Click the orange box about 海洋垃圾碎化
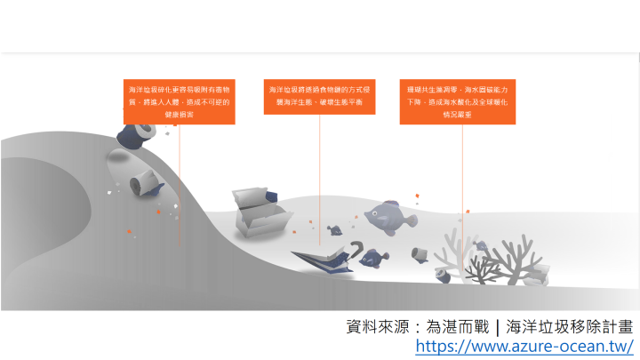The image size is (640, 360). pos(179,101)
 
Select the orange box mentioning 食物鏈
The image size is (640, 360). pos(320,96)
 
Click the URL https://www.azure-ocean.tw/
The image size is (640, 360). pos(524,346)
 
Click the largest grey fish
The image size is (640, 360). pos(388,213)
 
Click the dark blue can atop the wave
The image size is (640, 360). pos(136,134)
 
